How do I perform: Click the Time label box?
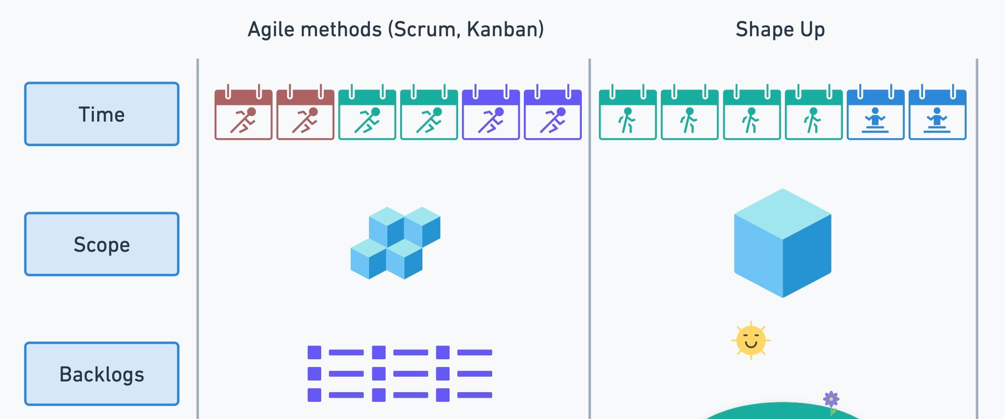pos(102,114)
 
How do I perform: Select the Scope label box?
pos(102,244)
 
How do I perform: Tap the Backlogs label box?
pos(102,374)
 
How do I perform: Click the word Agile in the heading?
pos(272,30)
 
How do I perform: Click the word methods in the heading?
pos(341,30)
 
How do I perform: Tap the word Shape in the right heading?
pos(764,30)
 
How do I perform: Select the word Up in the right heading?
pos(813,30)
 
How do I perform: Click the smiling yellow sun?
pos(751,340)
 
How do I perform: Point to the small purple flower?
pos(831,400)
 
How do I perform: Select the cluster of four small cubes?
pos(395,243)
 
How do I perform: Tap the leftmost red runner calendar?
pos(243,115)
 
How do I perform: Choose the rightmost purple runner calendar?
pos(552,115)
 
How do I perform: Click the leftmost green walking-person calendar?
pos(627,115)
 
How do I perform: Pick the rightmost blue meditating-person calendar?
pos(937,115)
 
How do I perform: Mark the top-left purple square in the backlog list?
pos(314,352)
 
